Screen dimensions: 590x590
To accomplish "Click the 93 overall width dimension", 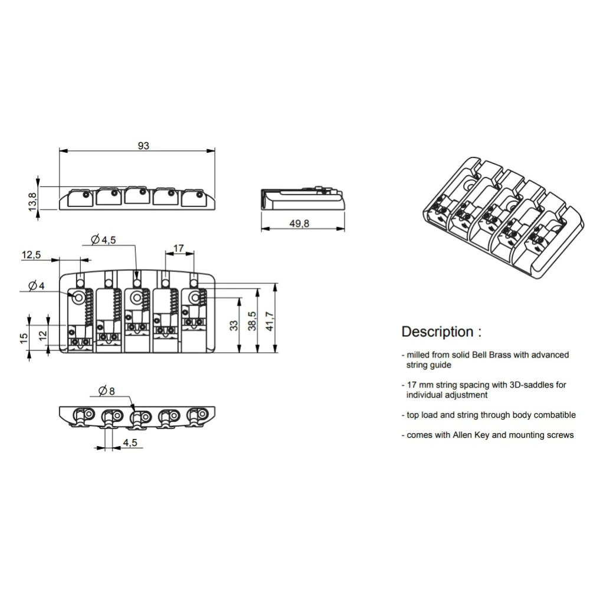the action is tap(143, 146).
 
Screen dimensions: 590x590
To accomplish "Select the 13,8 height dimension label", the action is tap(32, 202).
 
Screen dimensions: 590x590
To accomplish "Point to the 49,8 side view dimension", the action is tap(299, 224).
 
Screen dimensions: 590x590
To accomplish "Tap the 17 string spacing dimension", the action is tap(179, 248).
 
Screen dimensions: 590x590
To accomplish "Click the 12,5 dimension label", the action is tap(31, 255).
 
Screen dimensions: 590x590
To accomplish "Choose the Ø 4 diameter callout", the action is tap(37, 286).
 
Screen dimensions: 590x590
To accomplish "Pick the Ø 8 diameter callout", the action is tap(106, 391).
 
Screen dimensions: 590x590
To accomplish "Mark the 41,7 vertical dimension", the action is tap(270, 321).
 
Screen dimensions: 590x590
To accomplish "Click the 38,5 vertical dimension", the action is tap(252, 321).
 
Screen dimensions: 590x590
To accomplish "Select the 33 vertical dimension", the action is tap(234, 326).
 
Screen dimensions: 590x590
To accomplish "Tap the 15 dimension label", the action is tap(24, 338).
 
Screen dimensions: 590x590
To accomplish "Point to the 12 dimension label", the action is tap(42, 335).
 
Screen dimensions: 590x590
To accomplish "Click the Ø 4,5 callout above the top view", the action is tap(103, 240).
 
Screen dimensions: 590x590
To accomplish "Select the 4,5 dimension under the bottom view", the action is tap(130, 442).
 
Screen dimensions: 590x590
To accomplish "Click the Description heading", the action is tap(441, 332).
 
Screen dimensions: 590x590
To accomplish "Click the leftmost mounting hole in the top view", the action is tap(79, 297).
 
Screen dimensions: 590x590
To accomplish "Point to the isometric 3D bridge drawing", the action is tap(504, 218).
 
